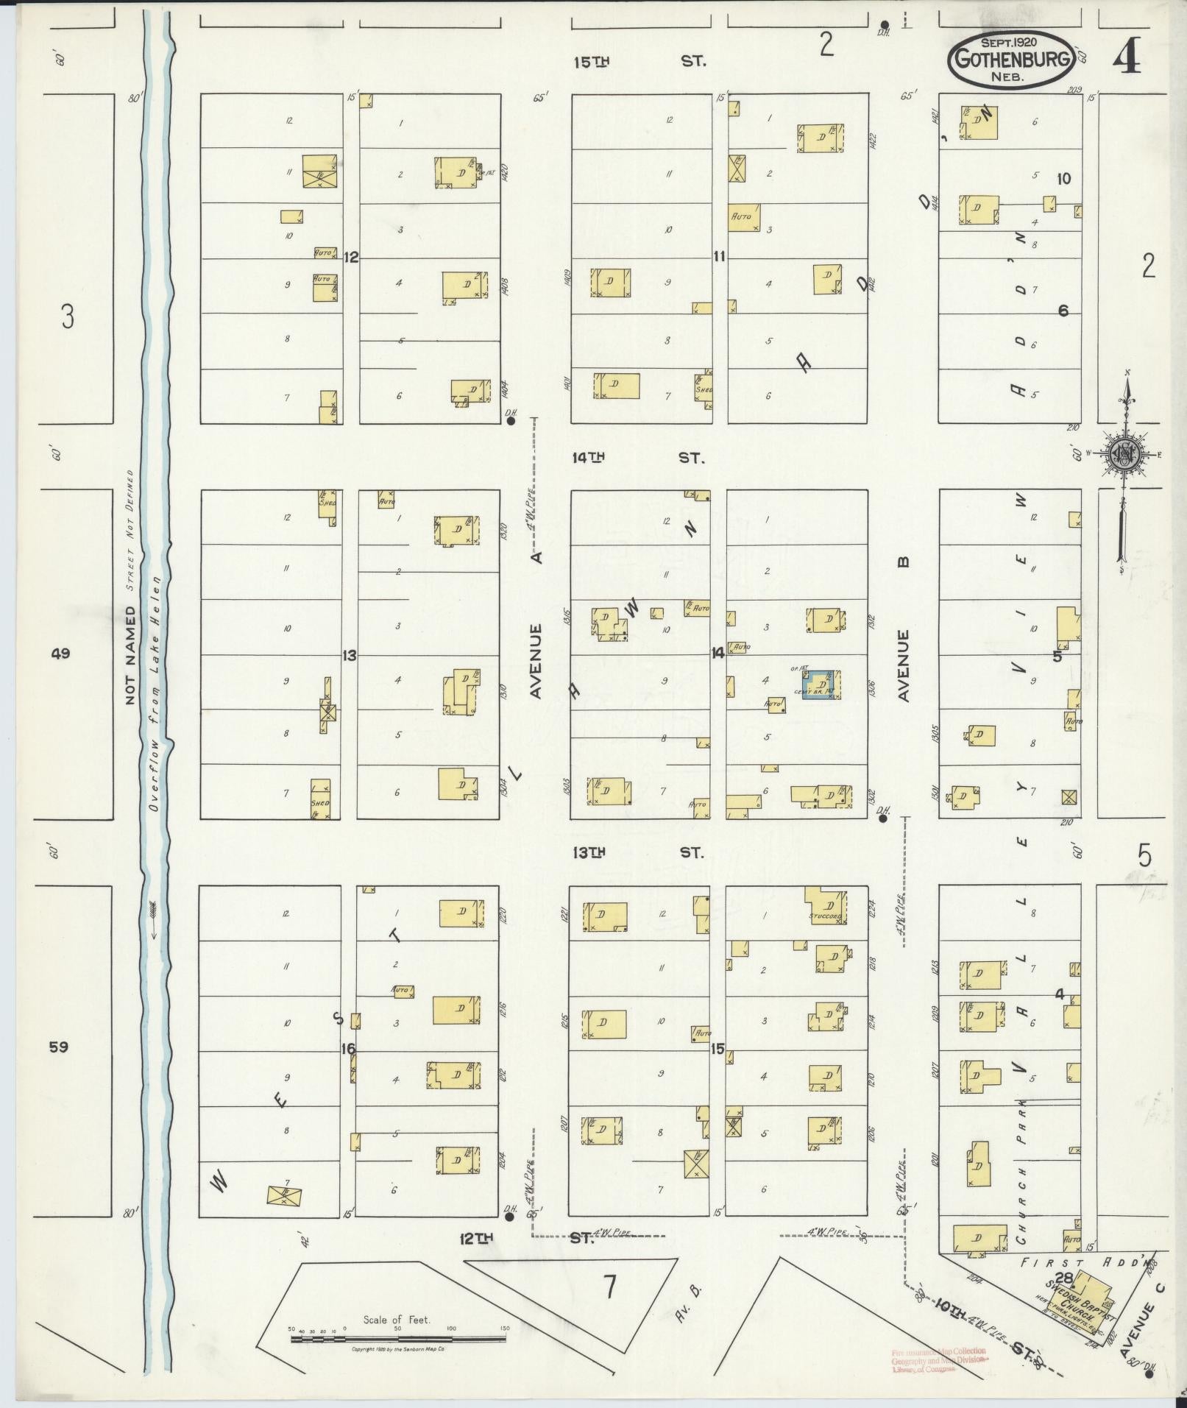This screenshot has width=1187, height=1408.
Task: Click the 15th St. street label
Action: tap(639, 61)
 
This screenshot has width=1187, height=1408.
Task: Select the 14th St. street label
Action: tap(639, 458)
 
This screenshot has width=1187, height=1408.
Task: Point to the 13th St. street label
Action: tap(638, 852)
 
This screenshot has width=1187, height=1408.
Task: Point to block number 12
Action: tap(351, 257)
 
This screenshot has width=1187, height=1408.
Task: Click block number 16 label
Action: tap(349, 1048)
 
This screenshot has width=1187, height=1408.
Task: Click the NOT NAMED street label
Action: tap(130, 654)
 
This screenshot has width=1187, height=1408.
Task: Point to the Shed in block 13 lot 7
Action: tap(320, 799)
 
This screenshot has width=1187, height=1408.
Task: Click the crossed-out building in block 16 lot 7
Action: tap(284, 1196)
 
